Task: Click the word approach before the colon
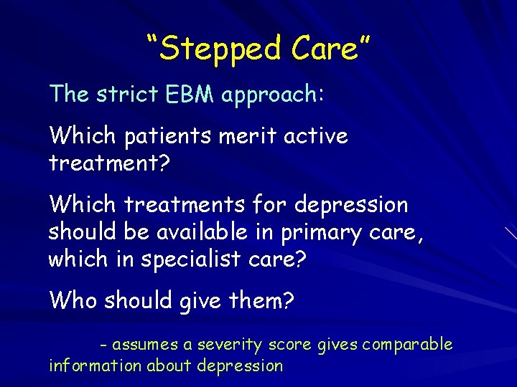pos(269,95)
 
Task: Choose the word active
pos(316,136)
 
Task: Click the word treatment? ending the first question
pos(108,163)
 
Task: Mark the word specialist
pos(184,259)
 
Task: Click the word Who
pos(73,300)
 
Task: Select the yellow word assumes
pos(146,345)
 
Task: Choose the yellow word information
pos(96,365)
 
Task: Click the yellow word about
pos(170,365)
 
